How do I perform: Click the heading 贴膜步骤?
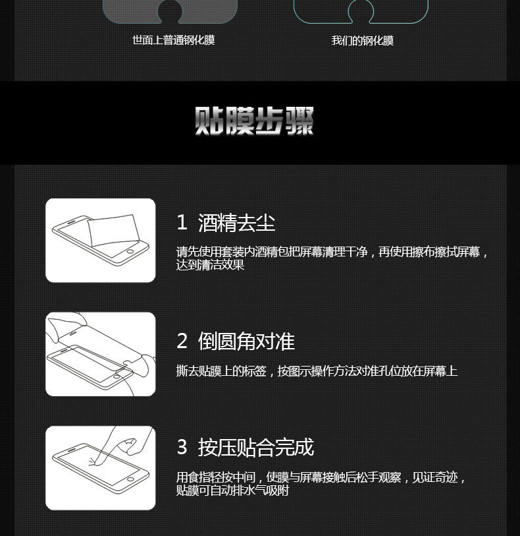point(254,121)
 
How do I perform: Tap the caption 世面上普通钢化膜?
point(174,40)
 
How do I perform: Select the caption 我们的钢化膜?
point(363,41)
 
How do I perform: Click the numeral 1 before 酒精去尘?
point(182,222)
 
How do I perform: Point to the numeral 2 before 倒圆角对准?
point(182,341)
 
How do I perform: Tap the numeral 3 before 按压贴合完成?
point(182,447)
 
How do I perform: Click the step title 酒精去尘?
point(237,223)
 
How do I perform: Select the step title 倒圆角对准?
point(246,341)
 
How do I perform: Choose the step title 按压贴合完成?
point(256,447)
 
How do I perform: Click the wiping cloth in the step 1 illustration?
point(114,229)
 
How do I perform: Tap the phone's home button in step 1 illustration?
point(130,251)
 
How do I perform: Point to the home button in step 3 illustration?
point(130,479)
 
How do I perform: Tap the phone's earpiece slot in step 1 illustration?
point(70,223)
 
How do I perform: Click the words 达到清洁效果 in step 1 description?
point(210,265)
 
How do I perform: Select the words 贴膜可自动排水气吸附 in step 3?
point(233,491)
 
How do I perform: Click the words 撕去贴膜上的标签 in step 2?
point(221,371)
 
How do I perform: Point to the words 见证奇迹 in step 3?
point(435,477)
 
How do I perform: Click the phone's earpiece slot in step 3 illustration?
point(70,450)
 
